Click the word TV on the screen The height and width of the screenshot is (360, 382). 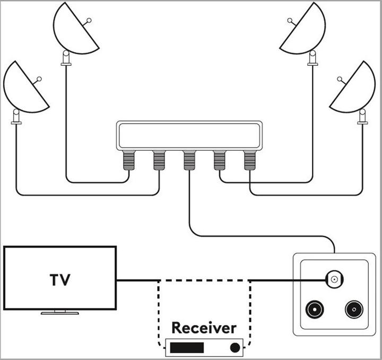(x=60, y=280)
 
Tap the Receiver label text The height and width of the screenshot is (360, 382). (x=204, y=328)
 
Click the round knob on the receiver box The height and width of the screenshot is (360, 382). (x=234, y=348)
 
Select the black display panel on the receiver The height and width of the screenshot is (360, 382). (x=186, y=348)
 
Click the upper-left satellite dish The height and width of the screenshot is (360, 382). (x=75, y=29)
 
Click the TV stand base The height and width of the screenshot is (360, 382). (x=60, y=312)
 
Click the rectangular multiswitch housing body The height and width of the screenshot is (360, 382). (x=189, y=134)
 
